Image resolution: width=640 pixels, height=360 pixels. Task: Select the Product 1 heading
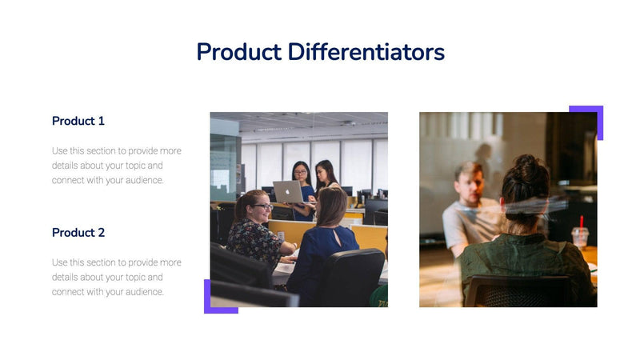(78, 121)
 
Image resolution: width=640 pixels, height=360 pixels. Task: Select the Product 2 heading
(78, 233)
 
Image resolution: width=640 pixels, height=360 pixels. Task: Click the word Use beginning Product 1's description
(60, 151)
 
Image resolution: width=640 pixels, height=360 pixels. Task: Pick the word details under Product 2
(67, 278)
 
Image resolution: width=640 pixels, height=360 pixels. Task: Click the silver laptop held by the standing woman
(287, 191)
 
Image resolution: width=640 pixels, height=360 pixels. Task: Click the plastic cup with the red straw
(580, 236)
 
